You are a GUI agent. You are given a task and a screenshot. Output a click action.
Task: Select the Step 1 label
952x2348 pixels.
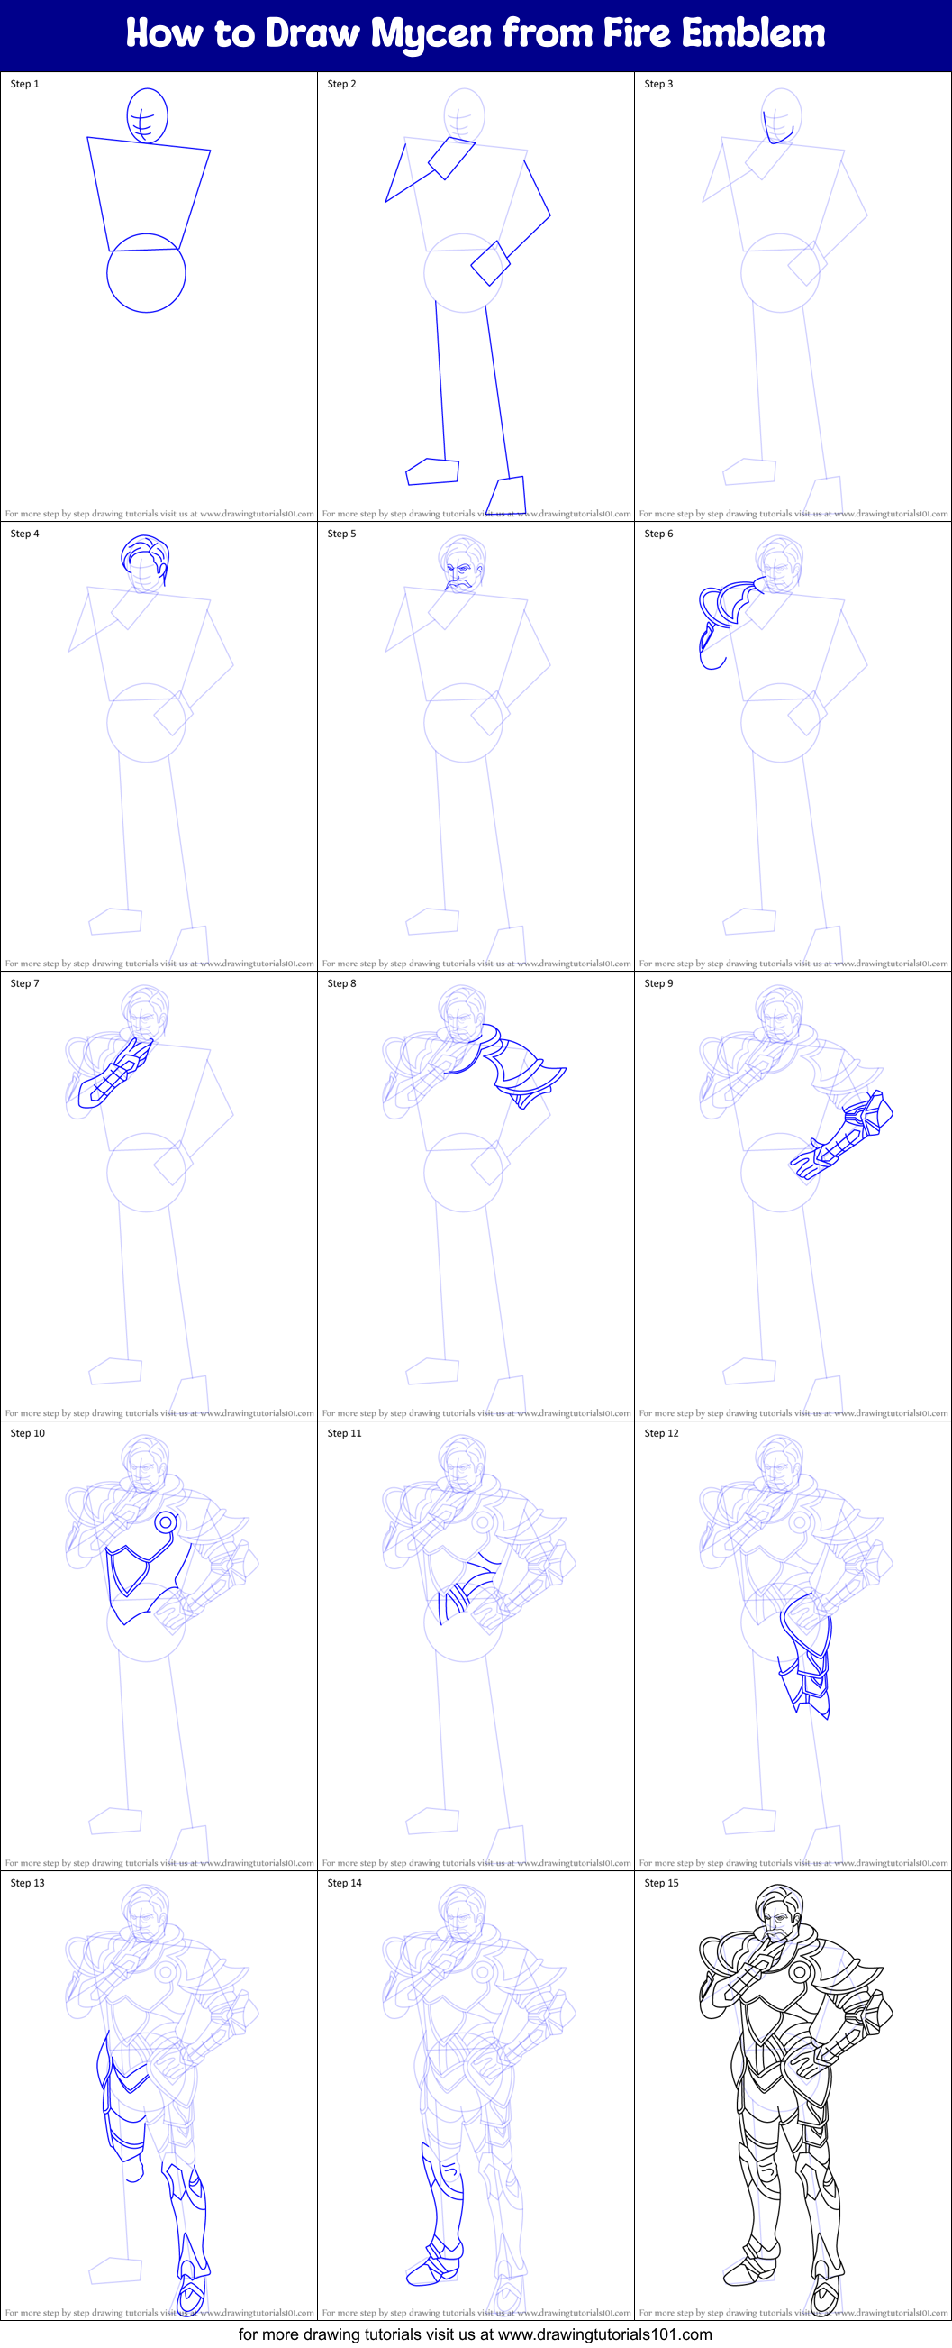[24, 84]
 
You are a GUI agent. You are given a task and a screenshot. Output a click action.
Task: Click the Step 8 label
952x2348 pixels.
[341, 983]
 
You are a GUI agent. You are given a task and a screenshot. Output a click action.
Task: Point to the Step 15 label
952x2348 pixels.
[661, 1883]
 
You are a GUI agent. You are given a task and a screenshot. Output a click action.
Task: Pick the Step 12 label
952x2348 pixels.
[661, 1434]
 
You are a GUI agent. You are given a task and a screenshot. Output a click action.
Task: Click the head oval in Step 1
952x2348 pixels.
[147, 115]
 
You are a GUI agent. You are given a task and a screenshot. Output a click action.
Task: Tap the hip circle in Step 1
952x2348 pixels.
[146, 273]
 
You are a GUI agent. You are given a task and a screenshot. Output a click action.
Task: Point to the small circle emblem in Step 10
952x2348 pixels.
[166, 1521]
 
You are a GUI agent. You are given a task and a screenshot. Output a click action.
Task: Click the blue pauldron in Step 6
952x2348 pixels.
[724, 606]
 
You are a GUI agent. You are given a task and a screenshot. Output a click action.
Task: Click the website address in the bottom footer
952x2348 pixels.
[605, 2334]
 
